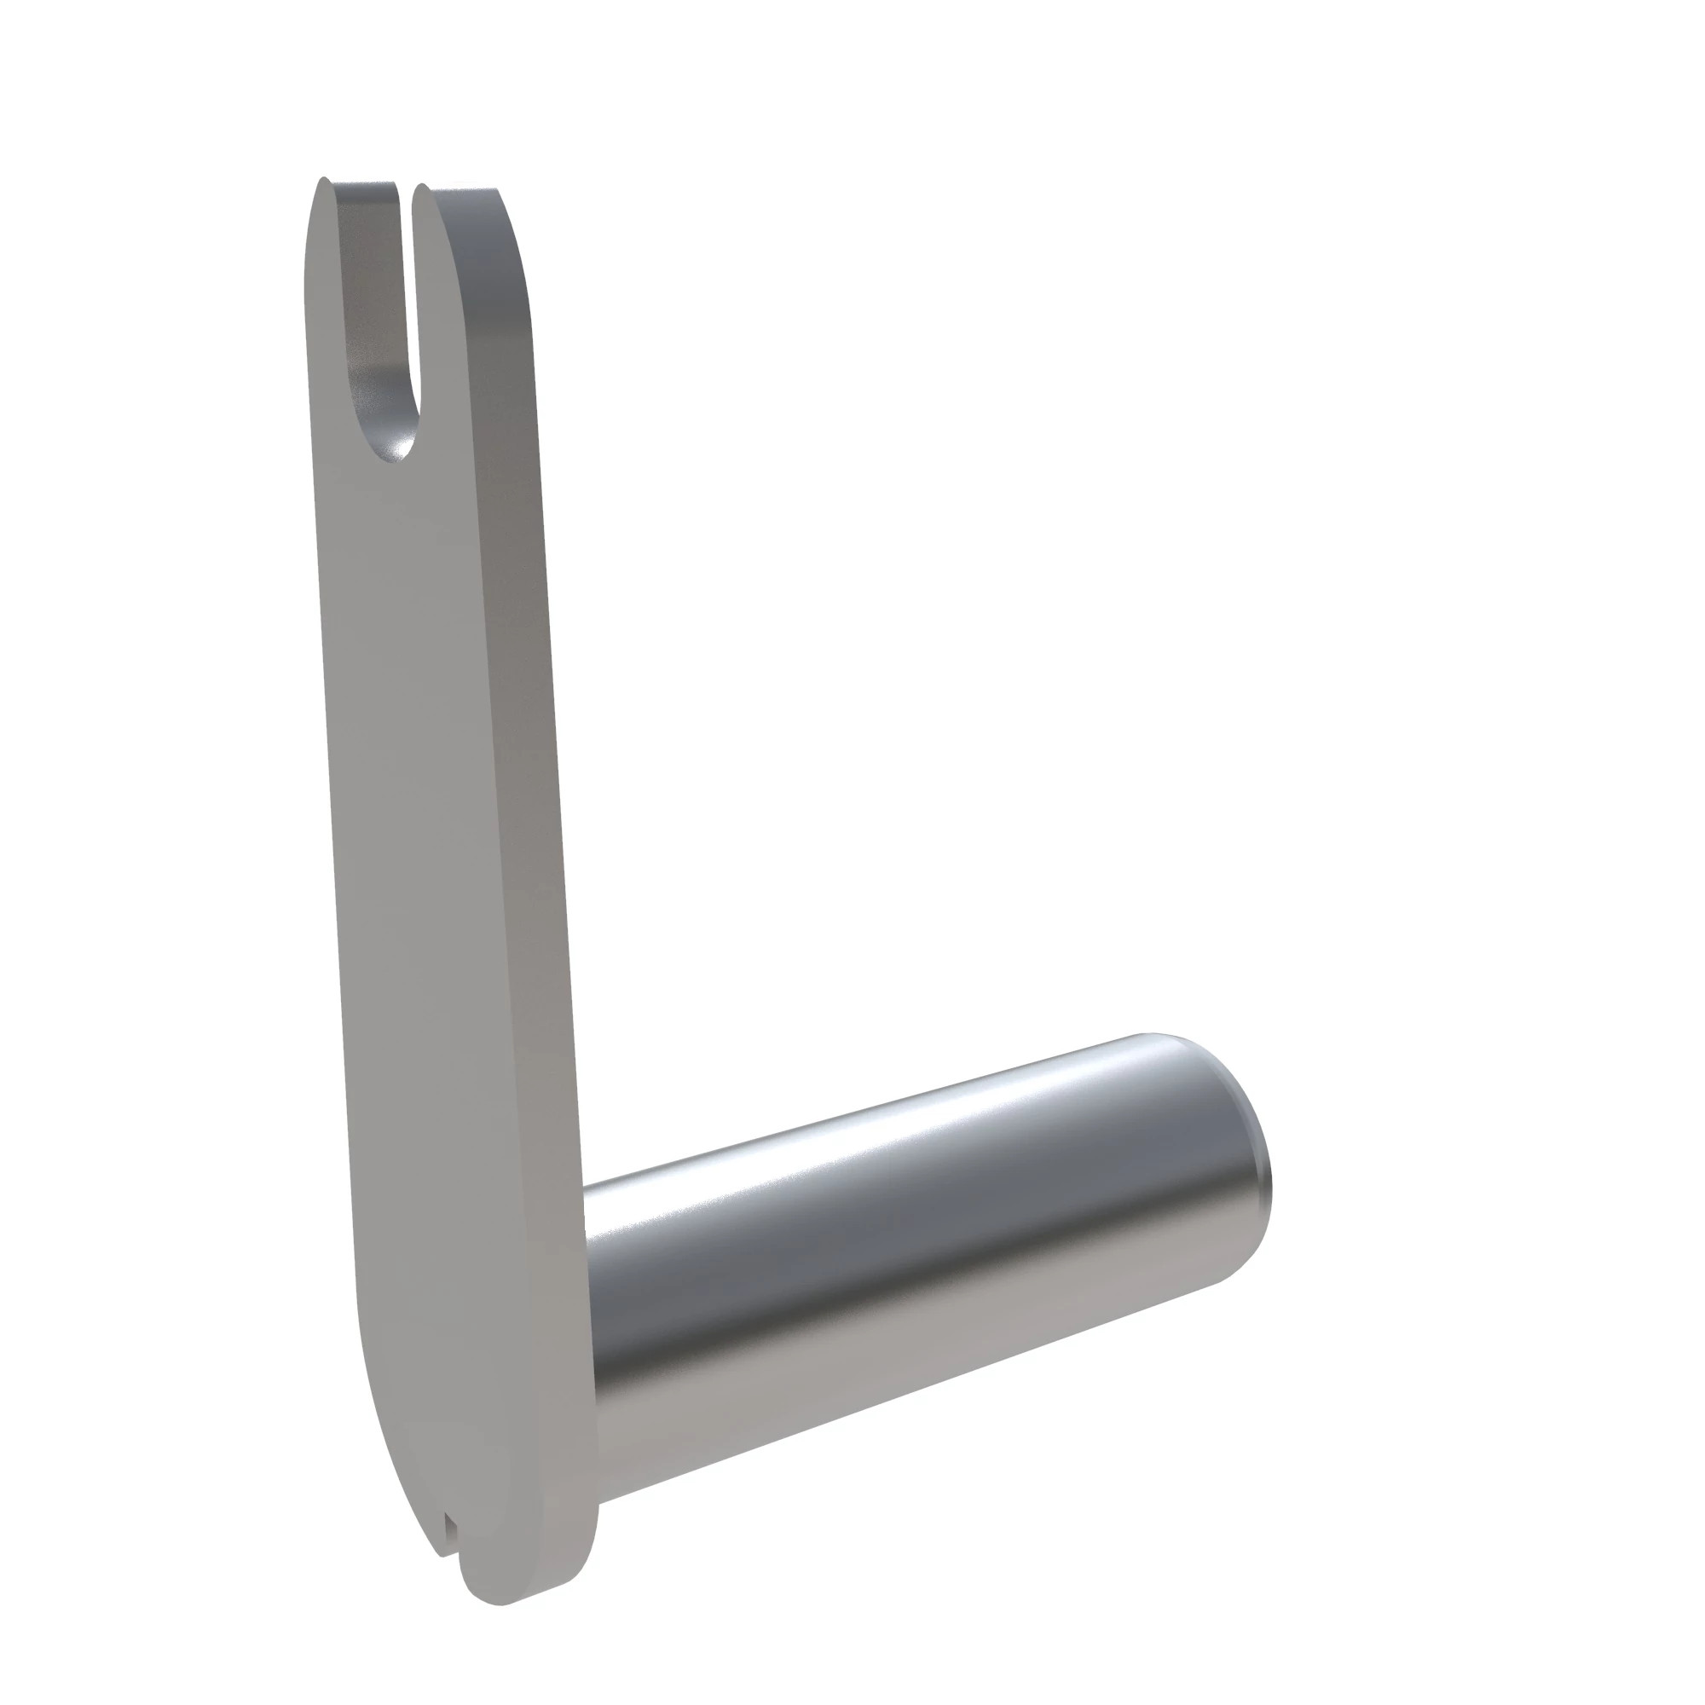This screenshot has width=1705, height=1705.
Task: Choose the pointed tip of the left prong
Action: [323, 182]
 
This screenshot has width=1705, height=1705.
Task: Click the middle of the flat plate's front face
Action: [442, 882]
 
